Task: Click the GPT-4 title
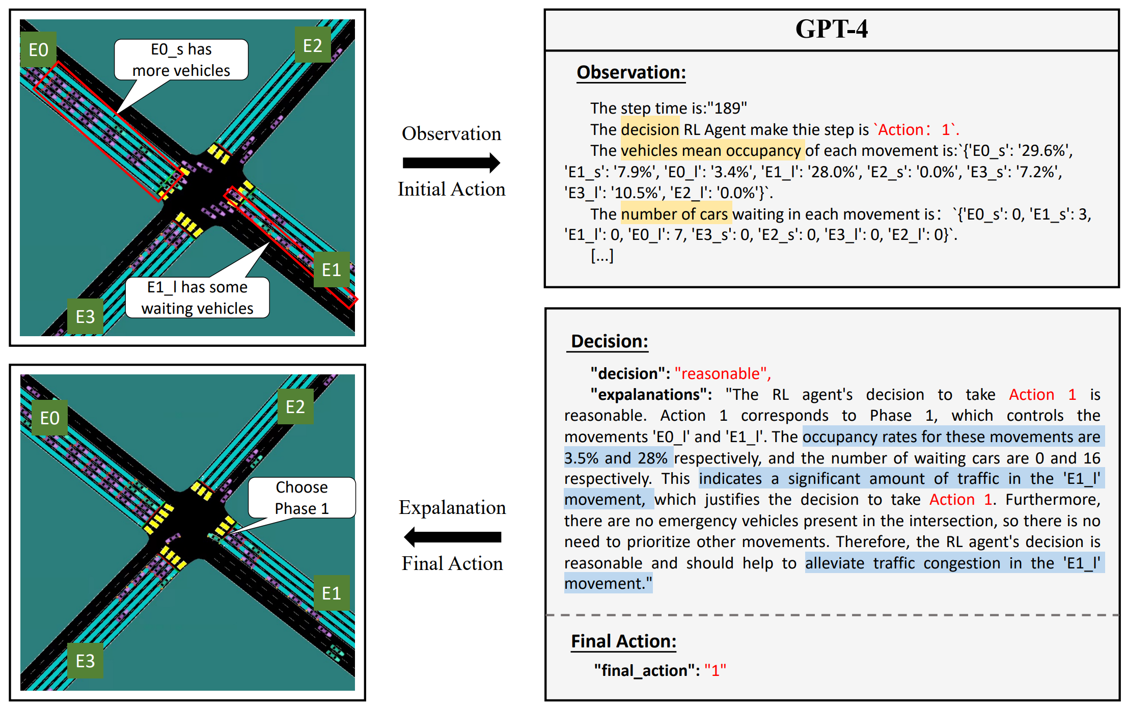[x=831, y=29]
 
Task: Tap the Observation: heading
[x=631, y=72]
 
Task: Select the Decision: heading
[x=609, y=341]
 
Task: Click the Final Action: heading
[x=623, y=641]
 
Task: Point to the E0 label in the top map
[x=38, y=50]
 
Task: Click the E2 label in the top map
[x=313, y=46]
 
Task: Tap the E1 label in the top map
[x=331, y=269]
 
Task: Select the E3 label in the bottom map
[x=85, y=661]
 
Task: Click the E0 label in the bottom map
[x=49, y=418]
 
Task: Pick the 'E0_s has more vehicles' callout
[x=181, y=60]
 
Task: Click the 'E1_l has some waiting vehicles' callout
[x=197, y=298]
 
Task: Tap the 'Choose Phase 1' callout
[x=301, y=498]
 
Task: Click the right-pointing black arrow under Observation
[x=451, y=163]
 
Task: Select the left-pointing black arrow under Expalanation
[x=452, y=537]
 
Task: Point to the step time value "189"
[x=727, y=108]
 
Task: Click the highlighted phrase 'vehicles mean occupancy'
[x=711, y=151]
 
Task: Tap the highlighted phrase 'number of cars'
[x=675, y=214]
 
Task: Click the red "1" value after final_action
[x=715, y=670]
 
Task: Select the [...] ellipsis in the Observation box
[x=602, y=256]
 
